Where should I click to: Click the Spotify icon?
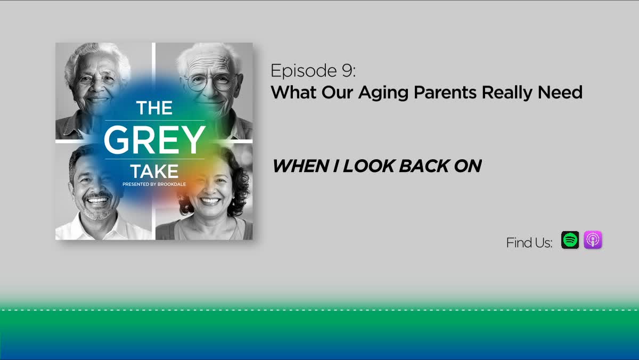(x=570, y=240)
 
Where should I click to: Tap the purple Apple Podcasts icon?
(x=593, y=240)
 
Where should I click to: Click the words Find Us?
(x=529, y=243)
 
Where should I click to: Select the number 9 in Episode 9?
(x=347, y=70)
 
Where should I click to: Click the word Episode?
(x=304, y=71)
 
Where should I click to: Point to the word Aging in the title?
(x=383, y=93)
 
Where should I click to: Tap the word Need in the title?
(x=560, y=93)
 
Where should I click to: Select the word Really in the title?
(x=507, y=93)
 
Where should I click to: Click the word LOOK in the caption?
(x=368, y=166)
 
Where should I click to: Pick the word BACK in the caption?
(x=424, y=166)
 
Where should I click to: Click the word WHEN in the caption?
(x=301, y=166)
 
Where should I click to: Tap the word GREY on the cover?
(x=154, y=140)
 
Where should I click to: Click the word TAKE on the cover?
(x=154, y=171)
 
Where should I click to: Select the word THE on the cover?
(x=154, y=108)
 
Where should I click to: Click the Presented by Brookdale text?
(x=154, y=184)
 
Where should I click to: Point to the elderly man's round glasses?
(x=211, y=83)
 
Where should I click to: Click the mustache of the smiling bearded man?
(x=97, y=195)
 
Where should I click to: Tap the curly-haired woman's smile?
(x=210, y=201)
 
